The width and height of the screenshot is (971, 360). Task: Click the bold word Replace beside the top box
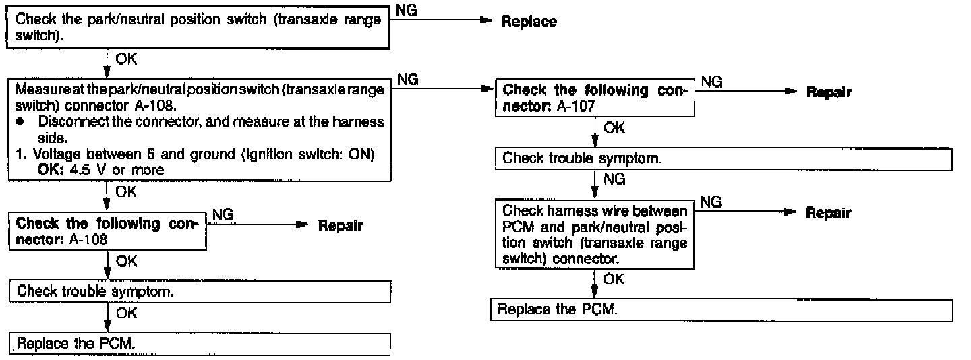point(529,22)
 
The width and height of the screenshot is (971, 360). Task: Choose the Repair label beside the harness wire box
point(828,214)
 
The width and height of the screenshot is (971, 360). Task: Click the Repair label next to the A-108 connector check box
point(340,226)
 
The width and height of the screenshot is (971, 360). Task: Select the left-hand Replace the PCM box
point(200,343)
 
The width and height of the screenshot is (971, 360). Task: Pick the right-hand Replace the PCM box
point(722,310)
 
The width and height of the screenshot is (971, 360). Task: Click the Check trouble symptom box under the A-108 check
point(200,291)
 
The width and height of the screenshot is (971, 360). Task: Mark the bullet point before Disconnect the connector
point(23,122)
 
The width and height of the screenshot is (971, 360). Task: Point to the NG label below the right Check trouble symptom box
point(614,179)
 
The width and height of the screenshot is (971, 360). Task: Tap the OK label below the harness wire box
point(614,279)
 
